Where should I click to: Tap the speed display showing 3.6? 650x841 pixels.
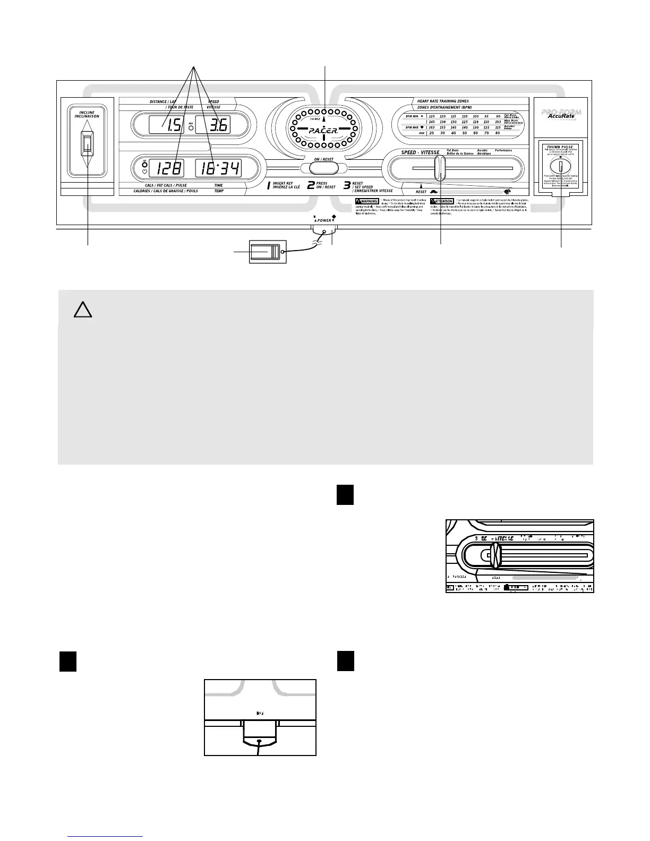tap(213, 125)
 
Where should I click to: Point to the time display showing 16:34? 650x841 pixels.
tap(218, 169)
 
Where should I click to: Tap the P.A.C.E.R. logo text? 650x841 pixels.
tap(324, 130)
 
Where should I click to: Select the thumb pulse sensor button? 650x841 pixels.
tap(560, 167)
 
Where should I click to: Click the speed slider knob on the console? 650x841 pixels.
tap(439, 168)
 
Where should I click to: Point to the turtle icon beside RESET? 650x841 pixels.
tap(434, 192)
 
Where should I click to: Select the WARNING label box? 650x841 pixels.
tap(366, 202)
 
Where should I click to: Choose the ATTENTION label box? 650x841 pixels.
tap(442, 202)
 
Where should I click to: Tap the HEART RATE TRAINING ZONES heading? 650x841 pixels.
tap(443, 101)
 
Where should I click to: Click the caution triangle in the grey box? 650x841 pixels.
tap(82, 310)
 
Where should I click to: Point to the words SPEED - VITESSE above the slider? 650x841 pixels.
tap(420, 153)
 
